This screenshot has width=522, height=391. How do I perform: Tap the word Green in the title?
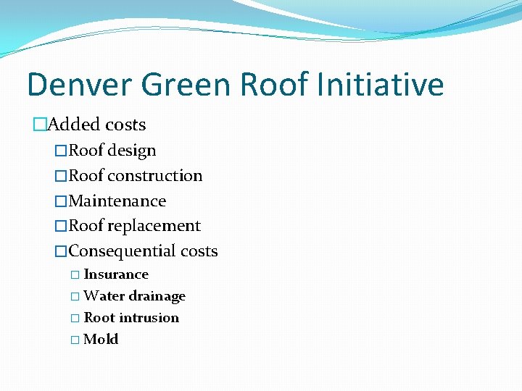185,85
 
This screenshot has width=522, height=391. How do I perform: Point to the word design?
132,151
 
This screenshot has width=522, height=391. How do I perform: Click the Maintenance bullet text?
117,201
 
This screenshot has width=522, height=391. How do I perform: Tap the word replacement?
154,226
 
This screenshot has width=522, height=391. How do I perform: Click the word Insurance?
116,274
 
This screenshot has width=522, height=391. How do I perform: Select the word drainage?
157,296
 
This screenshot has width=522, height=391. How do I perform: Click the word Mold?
101,340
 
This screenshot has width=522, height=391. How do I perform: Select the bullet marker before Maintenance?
61,201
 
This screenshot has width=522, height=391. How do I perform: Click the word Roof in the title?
275,85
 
